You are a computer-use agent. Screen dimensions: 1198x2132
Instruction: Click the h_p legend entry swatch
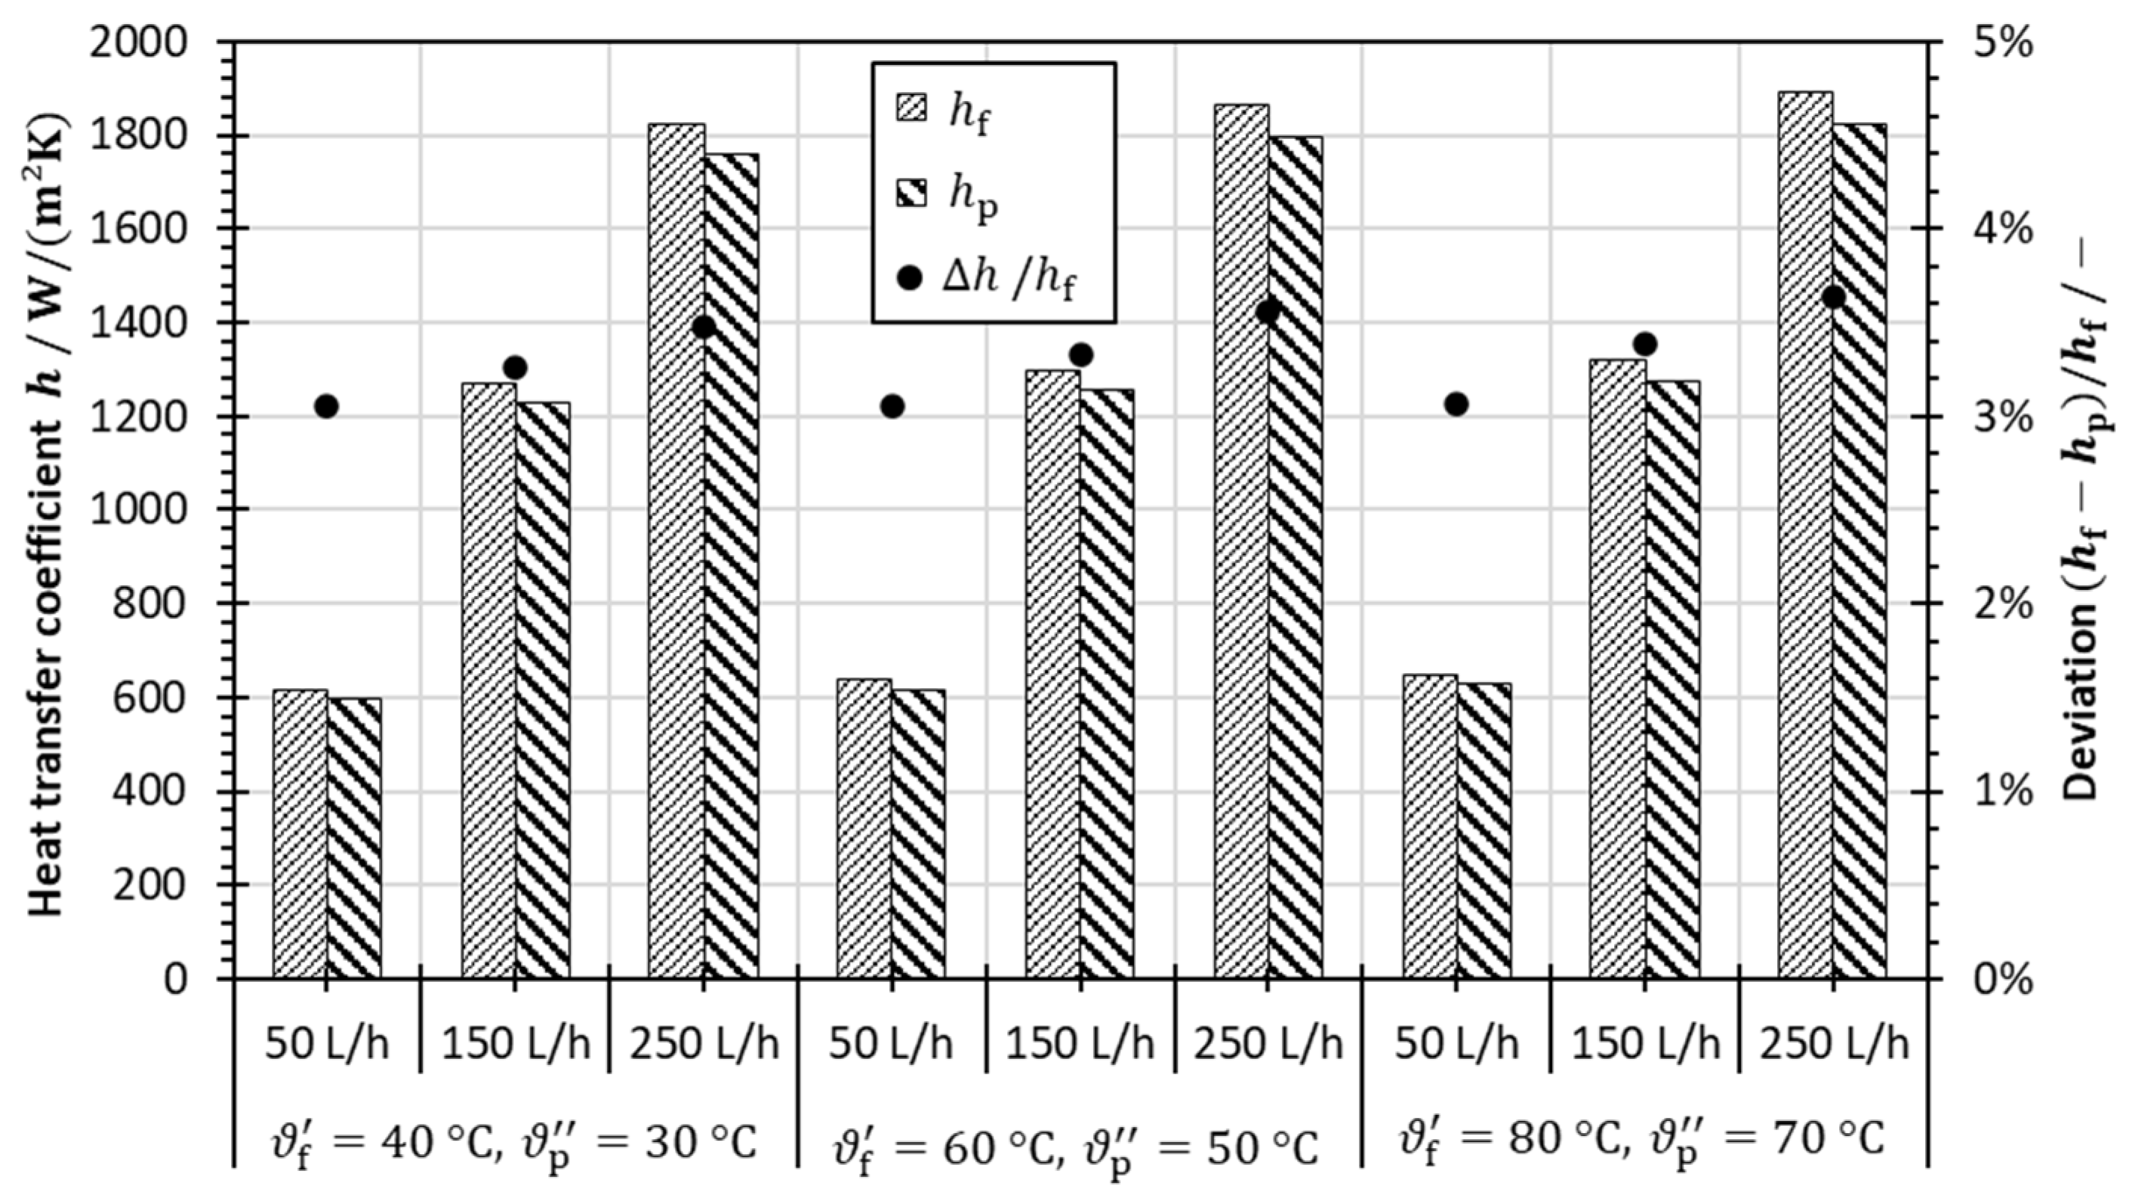click(911, 196)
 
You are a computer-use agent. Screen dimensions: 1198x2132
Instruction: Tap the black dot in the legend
click(910, 279)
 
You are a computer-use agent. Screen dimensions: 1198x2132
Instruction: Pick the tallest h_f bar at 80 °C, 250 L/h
click(1805, 538)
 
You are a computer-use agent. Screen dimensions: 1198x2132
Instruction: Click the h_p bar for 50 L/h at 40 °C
click(354, 836)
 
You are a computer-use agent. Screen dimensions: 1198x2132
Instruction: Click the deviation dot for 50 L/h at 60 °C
click(892, 406)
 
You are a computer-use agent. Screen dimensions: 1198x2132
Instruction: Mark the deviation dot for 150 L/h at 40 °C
click(515, 367)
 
